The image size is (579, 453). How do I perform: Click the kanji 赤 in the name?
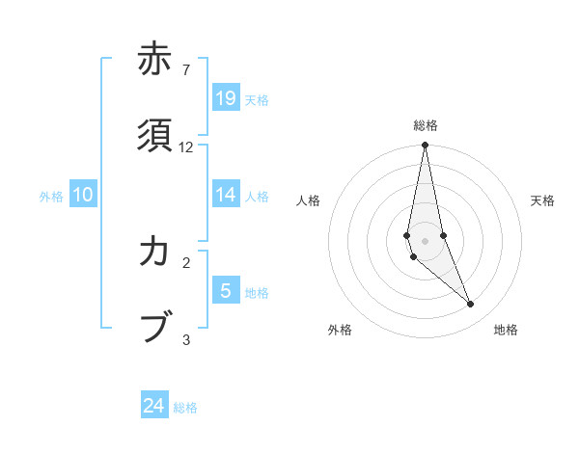click(154, 59)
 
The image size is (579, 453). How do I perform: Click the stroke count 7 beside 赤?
click(185, 70)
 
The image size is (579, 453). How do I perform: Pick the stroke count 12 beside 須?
click(186, 147)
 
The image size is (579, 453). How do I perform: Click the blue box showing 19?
click(226, 97)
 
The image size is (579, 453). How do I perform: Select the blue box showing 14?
click(226, 195)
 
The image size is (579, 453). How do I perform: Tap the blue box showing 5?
click(226, 290)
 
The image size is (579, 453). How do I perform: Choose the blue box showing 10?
click(83, 195)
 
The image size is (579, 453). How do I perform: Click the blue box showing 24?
click(154, 406)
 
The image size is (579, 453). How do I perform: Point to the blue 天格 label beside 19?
click(257, 99)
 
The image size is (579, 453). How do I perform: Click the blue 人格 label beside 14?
click(257, 197)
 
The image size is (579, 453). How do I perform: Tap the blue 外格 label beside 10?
click(51, 197)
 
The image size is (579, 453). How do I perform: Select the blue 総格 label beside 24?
click(185, 408)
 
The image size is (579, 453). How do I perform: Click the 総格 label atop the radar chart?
click(426, 125)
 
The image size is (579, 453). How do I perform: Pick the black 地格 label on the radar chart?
click(506, 331)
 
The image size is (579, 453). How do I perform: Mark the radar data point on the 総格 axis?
click(426, 146)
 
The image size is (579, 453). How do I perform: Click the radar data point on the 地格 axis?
click(471, 305)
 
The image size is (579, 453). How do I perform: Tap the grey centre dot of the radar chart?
click(426, 240)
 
